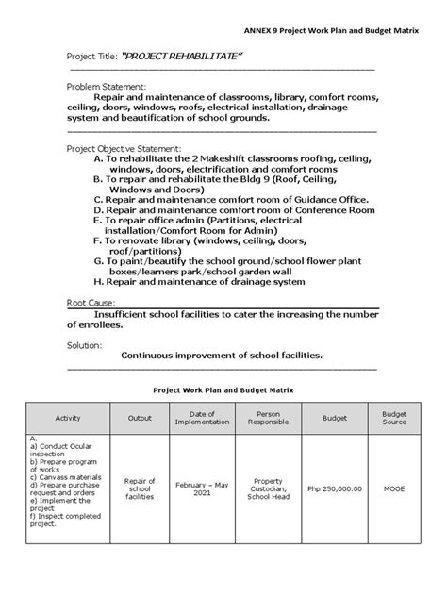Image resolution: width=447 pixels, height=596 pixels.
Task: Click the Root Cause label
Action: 91,303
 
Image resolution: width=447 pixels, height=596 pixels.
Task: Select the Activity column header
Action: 68,417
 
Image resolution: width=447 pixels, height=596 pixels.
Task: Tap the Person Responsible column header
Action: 263,417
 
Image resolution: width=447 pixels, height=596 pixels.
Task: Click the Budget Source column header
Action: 393,417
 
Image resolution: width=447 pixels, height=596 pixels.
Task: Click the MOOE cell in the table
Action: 393,489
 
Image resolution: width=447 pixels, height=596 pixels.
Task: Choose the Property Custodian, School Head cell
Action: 263,488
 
